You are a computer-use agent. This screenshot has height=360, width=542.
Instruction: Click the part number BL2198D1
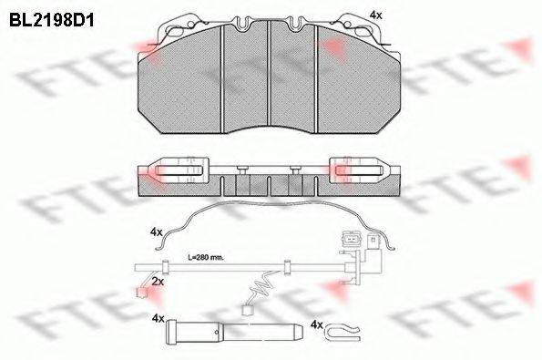[x=52, y=20]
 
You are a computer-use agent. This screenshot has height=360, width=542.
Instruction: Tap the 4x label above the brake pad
[x=375, y=15]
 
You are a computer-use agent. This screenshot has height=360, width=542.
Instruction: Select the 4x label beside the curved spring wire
[x=157, y=232]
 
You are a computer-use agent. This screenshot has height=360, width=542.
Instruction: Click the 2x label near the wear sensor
[x=158, y=282]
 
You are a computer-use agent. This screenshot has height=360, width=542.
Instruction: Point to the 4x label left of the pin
[x=158, y=319]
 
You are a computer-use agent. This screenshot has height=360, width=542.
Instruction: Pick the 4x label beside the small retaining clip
[x=317, y=324]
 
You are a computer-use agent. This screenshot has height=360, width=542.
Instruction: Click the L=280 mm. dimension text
[x=206, y=258]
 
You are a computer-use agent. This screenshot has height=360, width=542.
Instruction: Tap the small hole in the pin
[x=217, y=333]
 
